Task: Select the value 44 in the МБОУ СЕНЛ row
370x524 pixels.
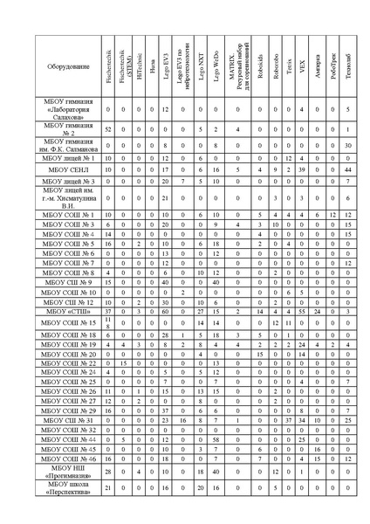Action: pyautogui.click(x=347, y=169)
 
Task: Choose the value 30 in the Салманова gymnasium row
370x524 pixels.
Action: pyautogui.click(x=347, y=145)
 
